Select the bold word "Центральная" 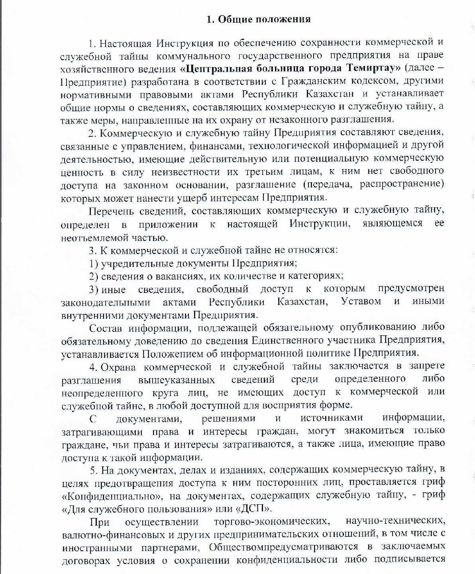[214, 68]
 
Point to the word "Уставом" [361, 302]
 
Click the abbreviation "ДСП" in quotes [254, 509]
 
